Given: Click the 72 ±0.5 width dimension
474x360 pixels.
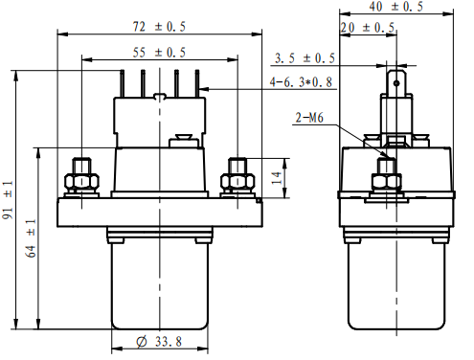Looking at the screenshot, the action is pos(159,27).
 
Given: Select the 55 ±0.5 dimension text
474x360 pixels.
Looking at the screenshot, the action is pos(159,53).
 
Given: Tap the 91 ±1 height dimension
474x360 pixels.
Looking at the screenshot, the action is pos(8,200).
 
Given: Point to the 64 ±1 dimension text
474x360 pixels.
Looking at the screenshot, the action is pos(31,238).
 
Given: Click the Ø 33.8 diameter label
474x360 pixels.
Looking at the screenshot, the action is pos(159,342).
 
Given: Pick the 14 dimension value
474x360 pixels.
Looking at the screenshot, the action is pos(277,178).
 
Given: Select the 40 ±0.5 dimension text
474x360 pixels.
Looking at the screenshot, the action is pos(396,7).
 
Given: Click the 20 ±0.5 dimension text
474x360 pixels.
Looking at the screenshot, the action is pos(368,28).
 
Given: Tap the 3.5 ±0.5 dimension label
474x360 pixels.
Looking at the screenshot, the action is pos(305,58).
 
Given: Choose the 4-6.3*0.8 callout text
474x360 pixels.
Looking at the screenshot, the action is pos(301,82).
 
